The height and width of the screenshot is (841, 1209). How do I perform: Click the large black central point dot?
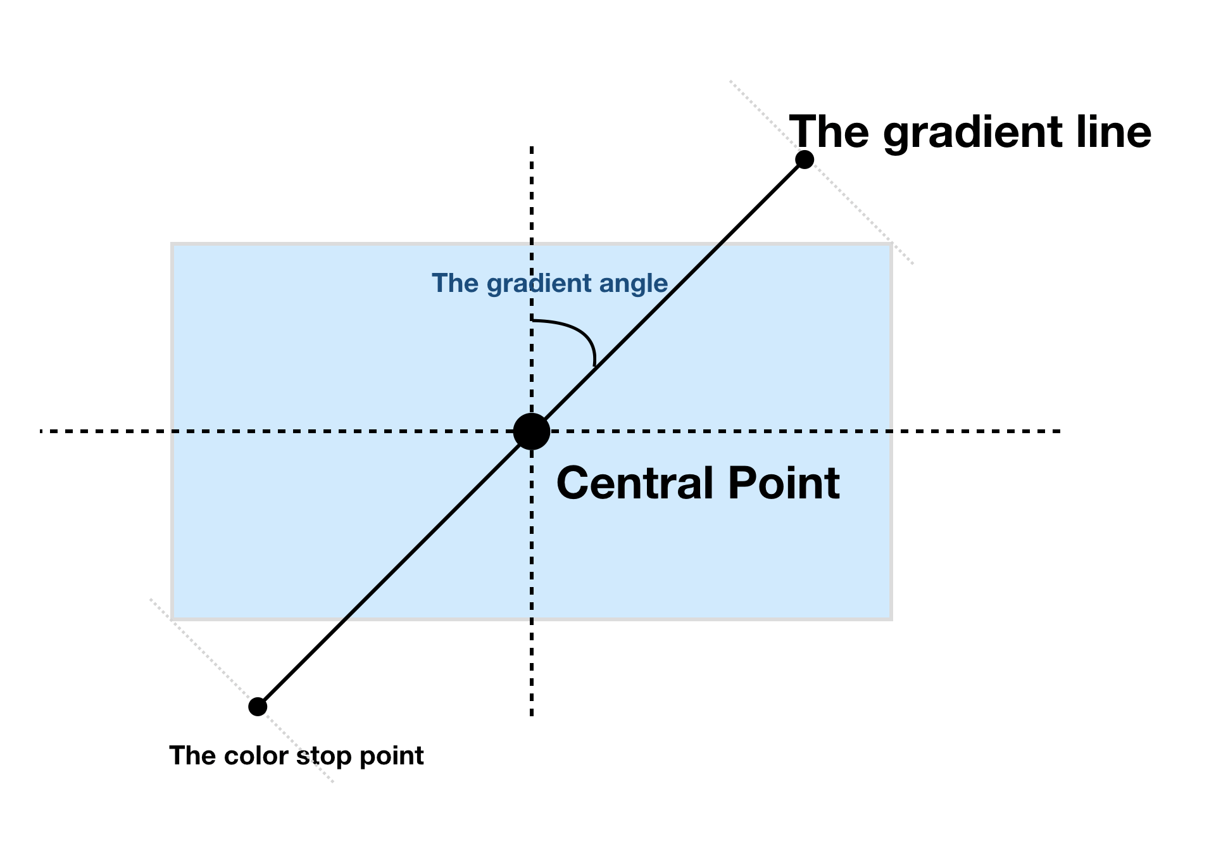point(531,431)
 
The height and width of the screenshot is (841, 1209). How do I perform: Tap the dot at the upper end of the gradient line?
point(804,160)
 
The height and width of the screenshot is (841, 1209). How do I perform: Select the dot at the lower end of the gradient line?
point(258,706)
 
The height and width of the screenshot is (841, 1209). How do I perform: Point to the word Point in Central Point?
point(784,483)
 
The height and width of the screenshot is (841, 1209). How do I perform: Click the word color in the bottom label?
point(256,756)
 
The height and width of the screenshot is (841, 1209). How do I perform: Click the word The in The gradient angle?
point(454,283)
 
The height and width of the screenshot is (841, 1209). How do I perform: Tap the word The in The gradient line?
point(829,132)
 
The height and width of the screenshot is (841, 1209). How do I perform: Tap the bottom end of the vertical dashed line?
point(532,714)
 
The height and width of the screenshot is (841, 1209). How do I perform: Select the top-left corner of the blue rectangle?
point(173,244)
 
